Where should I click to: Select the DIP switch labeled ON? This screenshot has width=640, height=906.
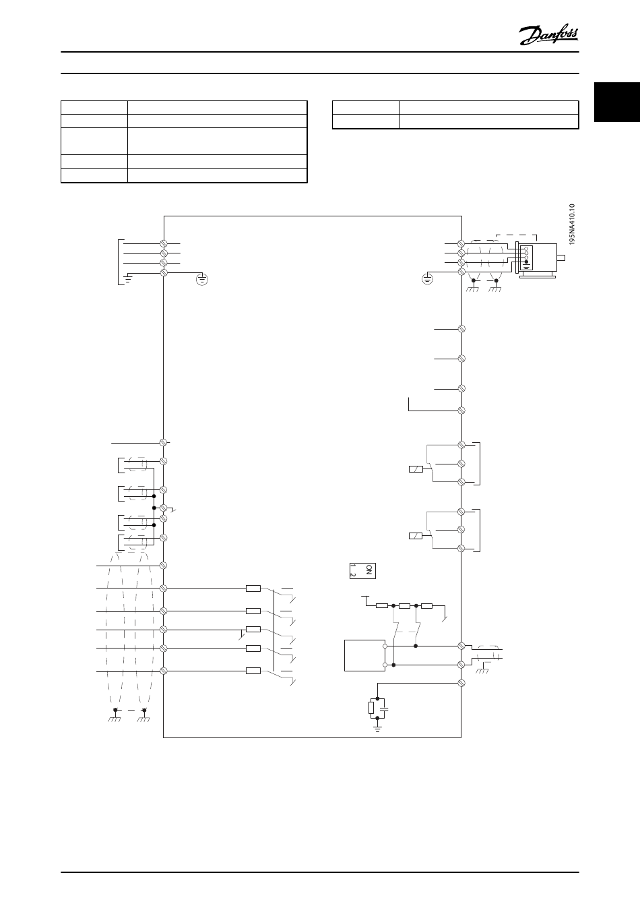[x=362, y=570]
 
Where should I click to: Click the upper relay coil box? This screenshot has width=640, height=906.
[x=416, y=469]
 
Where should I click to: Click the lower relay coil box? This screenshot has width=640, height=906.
[x=416, y=536]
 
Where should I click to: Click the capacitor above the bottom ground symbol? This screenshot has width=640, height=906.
[x=384, y=708]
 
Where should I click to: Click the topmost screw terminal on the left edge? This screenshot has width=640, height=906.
[x=163, y=241]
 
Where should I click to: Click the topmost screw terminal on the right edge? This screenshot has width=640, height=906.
[x=462, y=241]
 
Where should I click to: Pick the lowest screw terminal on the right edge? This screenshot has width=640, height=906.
[x=462, y=684]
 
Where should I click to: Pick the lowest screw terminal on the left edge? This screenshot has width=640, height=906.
[x=163, y=671]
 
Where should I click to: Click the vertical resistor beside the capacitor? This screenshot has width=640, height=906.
[x=371, y=708]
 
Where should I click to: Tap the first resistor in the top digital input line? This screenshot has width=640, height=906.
[x=253, y=588]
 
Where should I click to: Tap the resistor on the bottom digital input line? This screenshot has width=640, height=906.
[x=253, y=671]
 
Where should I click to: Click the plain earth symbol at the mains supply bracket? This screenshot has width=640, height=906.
[x=127, y=276]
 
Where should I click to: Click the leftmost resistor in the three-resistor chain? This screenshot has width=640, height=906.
[x=382, y=605]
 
